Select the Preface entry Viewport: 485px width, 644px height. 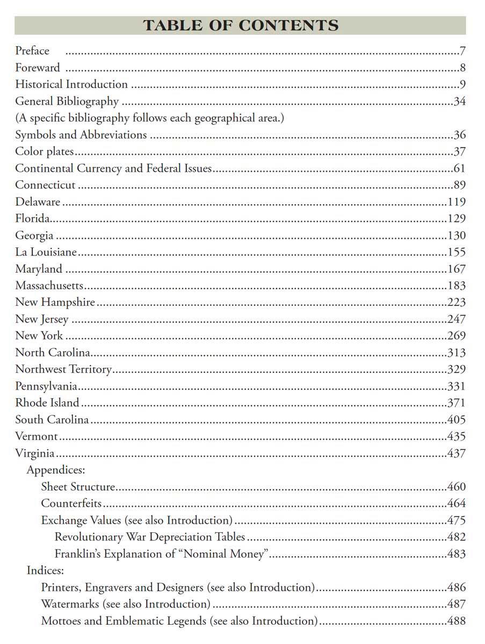click(32, 51)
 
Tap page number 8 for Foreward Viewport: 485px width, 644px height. click(462, 68)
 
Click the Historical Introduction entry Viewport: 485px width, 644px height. click(71, 84)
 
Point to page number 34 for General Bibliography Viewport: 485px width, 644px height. click(459, 101)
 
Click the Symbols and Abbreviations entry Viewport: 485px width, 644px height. click(81, 135)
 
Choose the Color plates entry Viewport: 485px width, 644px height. click(45, 151)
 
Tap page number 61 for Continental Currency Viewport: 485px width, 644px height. click(459, 169)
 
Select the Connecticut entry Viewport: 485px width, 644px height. click(46, 185)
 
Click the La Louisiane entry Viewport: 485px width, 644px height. click(46, 252)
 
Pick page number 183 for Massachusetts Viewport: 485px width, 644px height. click(457, 286)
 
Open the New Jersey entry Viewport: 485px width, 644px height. click(42, 319)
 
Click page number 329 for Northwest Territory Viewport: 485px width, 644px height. click(457, 369)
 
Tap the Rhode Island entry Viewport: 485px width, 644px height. click(47, 403)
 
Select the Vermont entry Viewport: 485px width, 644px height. click(37, 436)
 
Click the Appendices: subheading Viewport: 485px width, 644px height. click(56, 470)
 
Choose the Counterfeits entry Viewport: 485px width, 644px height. click(71, 503)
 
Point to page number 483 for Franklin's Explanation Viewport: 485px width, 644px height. click(457, 554)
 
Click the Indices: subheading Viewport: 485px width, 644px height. click(46, 570)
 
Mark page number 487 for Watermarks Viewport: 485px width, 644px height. click(457, 604)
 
